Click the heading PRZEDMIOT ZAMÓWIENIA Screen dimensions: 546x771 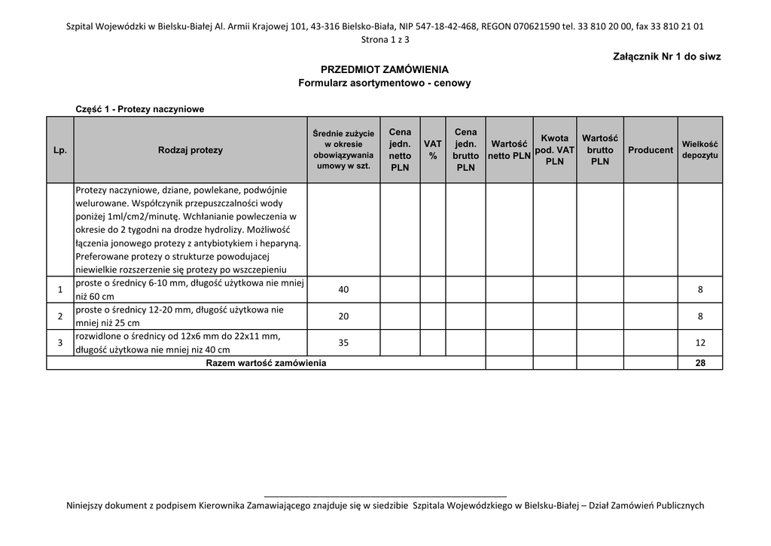[384, 69]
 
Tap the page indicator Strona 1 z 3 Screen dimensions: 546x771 [385, 39]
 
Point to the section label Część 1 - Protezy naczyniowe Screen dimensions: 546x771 [140, 109]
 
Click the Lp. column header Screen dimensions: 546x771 [60, 150]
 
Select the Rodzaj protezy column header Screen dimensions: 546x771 [190, 150]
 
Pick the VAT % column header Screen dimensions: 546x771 [433, 150]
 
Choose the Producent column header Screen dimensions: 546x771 [651, 150]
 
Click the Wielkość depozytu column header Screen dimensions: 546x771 [700, 150]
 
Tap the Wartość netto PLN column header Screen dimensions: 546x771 [509, 150]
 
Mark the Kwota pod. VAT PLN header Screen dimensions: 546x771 [555, 150]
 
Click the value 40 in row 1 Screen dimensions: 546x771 [343, 290]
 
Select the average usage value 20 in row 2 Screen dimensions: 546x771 [343, 316]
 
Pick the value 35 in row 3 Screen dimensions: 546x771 [343, 343]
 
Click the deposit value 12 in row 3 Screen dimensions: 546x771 [700, 343]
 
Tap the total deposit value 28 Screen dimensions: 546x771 [700, 363]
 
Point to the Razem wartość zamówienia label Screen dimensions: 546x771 [266, 363]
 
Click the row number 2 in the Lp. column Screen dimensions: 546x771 [60, 316]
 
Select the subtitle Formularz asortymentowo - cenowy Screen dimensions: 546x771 [384, 83]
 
